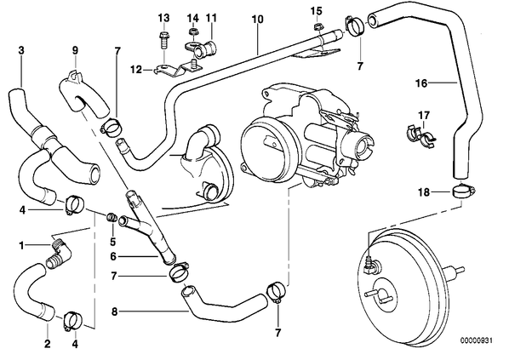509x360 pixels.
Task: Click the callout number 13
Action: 164,18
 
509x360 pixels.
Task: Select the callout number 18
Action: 424,192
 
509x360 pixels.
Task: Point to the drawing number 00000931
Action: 476,340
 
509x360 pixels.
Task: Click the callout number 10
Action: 258,20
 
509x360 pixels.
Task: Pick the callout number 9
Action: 75,50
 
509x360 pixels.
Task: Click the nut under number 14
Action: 193,31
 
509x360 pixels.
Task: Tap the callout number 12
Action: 136,70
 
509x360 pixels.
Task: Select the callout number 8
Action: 114,312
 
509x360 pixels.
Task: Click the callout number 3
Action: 21,50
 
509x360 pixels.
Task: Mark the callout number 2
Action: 48,344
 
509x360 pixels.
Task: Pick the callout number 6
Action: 113,257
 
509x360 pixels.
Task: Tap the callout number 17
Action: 424,116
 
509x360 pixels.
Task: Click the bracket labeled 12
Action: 177,69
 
